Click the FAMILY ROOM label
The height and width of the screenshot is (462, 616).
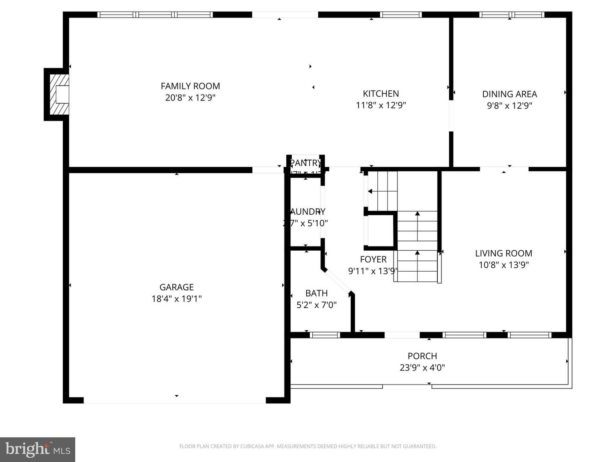(x=190, y=86)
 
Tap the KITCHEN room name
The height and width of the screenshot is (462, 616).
(x=381, y=94)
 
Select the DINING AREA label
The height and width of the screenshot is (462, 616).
(x=509, y=94)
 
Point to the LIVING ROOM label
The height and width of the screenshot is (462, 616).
(x=503, y=253)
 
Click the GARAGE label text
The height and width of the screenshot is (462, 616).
(x=177, y=287)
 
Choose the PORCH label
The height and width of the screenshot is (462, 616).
(x=422, y=356)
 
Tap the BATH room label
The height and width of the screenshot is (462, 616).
(x=317, y=293)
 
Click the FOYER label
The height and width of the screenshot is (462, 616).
(x=373, y=259)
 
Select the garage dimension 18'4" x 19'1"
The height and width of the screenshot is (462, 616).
(x=177, y=299)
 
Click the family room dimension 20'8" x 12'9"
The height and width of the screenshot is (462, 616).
(x=190, y=98)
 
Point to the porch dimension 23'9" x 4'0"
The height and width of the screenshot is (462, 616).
(x=422, y=367)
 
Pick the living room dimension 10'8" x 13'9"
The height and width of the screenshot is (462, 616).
(x=503, y=265)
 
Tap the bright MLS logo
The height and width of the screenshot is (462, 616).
(x=38, y=450)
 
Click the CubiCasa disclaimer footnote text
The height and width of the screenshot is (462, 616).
(x=308, y=447)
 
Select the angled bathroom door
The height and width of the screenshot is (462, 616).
(x=338, y=281)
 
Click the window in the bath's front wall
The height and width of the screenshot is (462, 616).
(x=325, y=335)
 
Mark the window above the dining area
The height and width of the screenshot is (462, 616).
(x=512, y=15)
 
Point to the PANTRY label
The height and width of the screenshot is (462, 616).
(x=305, y=163)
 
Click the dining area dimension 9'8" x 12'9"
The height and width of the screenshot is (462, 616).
(x=509, y=106)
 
